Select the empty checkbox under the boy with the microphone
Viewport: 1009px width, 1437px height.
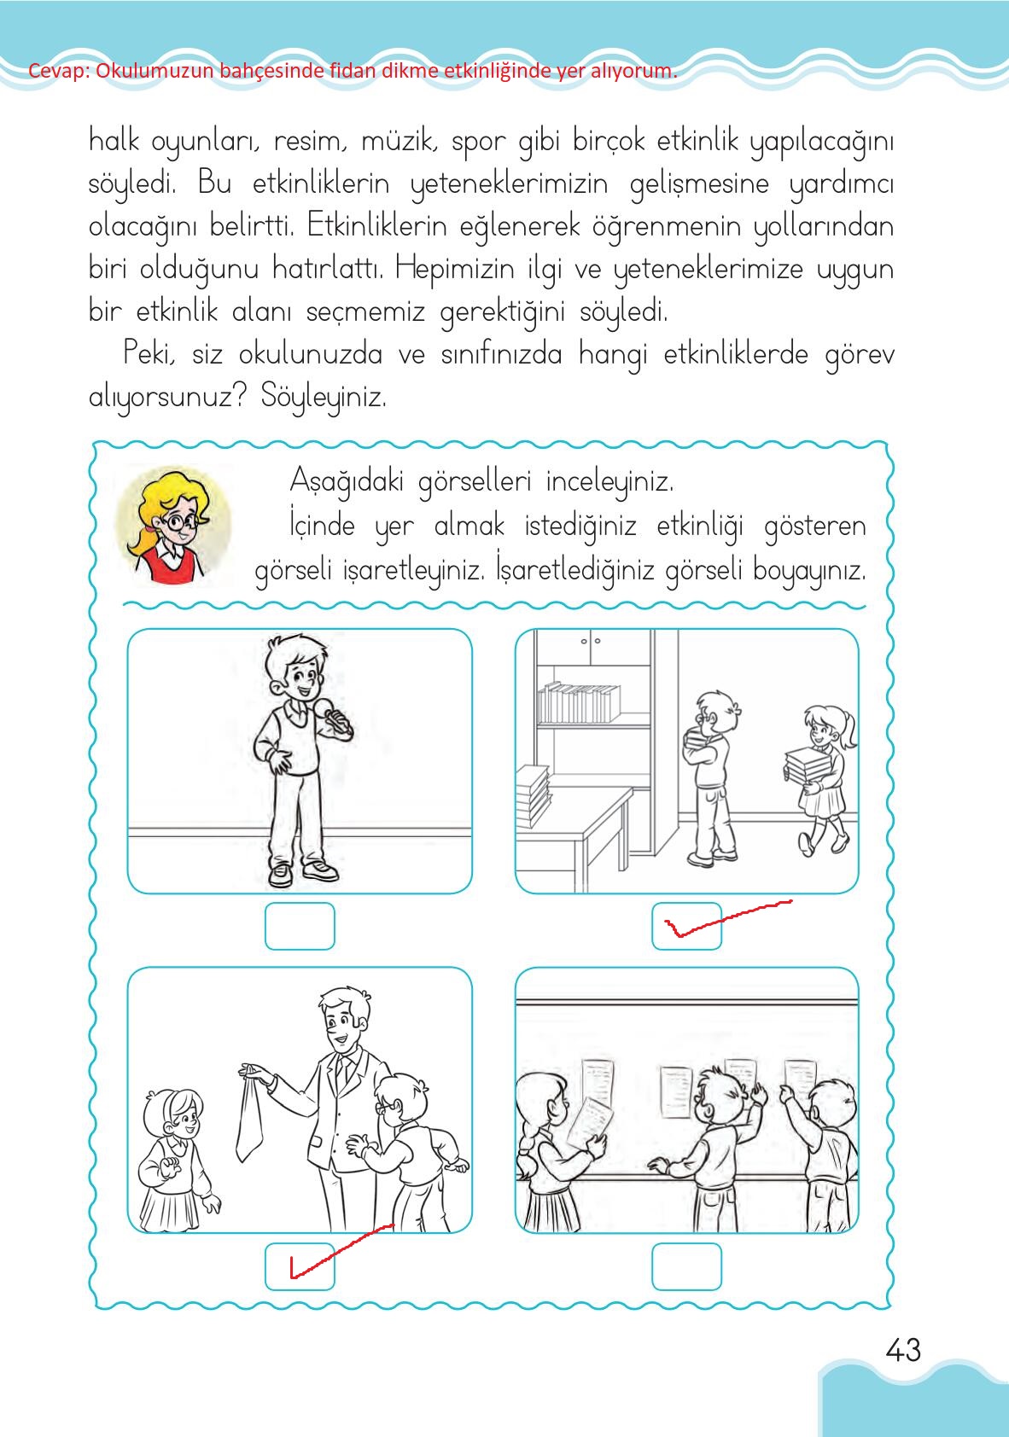click(x=300, y=926)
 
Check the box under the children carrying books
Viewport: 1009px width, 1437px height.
click(x=687, y=926)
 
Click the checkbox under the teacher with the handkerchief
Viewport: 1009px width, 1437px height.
click(x=300, y=1266)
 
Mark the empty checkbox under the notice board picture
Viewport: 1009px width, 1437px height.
click(x=687, y=1266)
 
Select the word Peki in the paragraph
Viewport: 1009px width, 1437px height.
click(x=149, y=353)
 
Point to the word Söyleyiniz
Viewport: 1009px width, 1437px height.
click(x=324, y=398)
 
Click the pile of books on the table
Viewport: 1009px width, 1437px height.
click(x=532, y=794)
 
